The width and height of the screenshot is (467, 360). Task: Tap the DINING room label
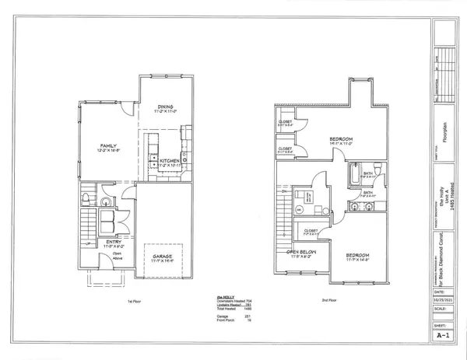[163, 107]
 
